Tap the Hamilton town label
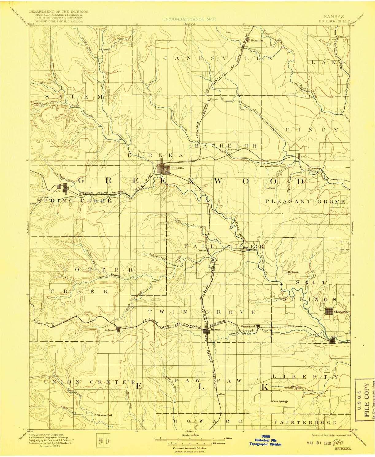[257, 40]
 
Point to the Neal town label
[303, 157]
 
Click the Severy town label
[215, 329]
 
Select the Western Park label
[105, 415]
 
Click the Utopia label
[214, 99]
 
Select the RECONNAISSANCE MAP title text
[190, 19]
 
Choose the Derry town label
[50, 323]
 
